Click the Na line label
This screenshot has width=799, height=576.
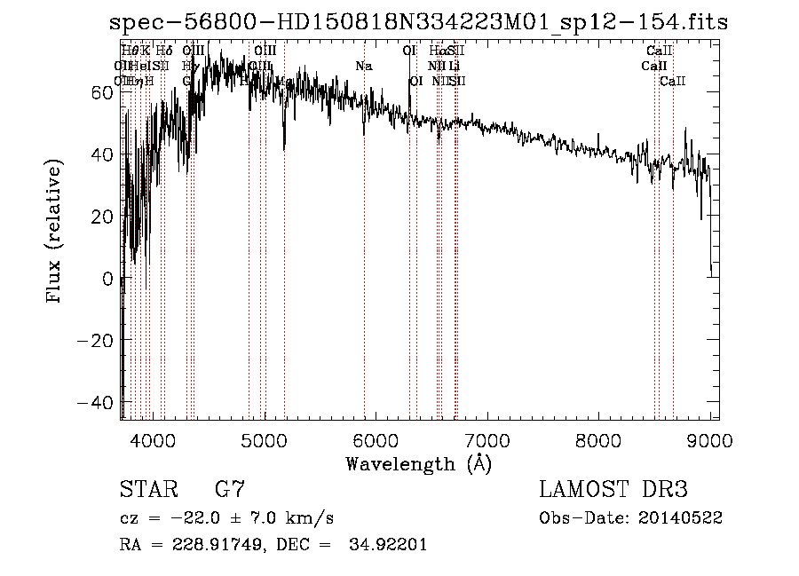(363, 66)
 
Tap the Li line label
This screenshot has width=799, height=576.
(454, 66)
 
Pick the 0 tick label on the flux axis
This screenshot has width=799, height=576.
(107, 279)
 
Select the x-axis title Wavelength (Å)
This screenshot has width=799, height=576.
(418, 463)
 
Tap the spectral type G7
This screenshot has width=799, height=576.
(231, 490)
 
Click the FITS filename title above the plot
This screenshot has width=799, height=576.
(418, 22)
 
